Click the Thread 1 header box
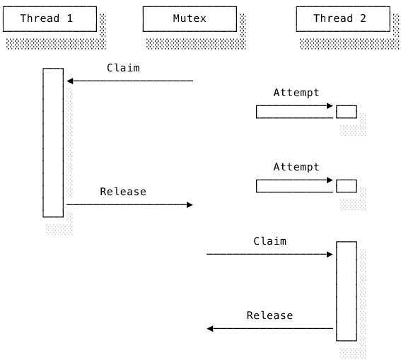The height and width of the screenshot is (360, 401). coord(50,19)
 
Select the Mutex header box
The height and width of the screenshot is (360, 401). coord(190,19)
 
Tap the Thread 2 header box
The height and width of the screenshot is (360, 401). coord(343,19)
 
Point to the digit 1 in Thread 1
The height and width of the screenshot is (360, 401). coord(70,18)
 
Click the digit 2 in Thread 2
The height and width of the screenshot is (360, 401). coord(363,18)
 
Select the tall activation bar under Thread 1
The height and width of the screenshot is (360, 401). coord(53,143)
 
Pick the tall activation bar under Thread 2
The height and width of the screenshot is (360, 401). coord(347,291)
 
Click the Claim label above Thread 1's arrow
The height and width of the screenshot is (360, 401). coord(123,68)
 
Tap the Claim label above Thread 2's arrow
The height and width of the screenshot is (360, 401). coord(269,241)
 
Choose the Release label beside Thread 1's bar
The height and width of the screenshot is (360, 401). coord(123,192)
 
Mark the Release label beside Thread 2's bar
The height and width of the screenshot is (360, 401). coord(269,315)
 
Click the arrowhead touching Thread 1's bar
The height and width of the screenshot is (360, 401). coord(70,81)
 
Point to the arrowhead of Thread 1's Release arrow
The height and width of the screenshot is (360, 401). coord(190,205)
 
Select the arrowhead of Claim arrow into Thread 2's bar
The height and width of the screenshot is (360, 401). coord(330,255)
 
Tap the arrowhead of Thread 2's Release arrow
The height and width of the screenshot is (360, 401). coord(210,329)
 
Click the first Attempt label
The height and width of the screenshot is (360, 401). coord(296,93)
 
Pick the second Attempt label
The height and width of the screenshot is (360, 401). coord(296,167)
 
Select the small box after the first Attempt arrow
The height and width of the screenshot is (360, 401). coord(347,112)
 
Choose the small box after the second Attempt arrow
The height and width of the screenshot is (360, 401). coord(347,186)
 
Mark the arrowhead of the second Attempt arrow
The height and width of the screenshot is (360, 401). coord(330,180)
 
